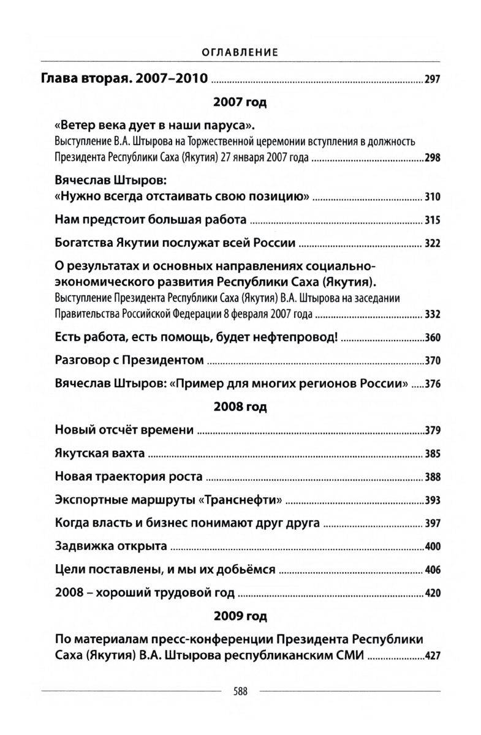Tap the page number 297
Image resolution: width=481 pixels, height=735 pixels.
click(x=432, y=80)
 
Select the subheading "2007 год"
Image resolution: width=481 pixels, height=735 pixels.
click(x=240, y=103)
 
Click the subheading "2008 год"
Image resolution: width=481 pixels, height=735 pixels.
click(x=240, y=406)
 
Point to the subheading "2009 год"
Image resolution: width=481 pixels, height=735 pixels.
click(x=240, y=616)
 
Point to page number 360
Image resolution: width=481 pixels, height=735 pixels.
click(x=432, y=339)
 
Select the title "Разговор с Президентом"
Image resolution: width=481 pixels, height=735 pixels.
click(x=129, y=361)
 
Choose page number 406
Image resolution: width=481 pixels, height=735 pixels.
click(x=432, y=570)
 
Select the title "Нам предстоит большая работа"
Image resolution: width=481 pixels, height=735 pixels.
click(x=151, y=220)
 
